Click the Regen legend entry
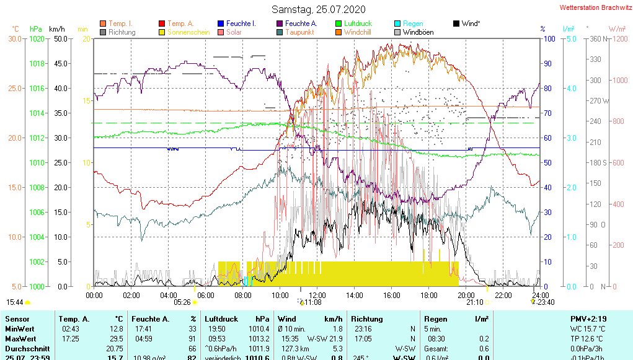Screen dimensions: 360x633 point(409,24)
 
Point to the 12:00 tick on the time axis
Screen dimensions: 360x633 point(317,295)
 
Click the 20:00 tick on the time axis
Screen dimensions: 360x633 point(466,295)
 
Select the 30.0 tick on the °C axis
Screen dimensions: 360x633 point(15,38)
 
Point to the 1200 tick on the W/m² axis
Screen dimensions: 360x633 point(617,38)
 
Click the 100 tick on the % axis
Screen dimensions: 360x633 point(548,38)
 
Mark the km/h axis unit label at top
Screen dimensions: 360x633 point(56,29)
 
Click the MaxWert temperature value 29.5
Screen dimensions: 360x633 point(115,339)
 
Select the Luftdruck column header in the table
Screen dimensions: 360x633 point(220,318)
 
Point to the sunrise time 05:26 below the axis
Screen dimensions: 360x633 point(182,302)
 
